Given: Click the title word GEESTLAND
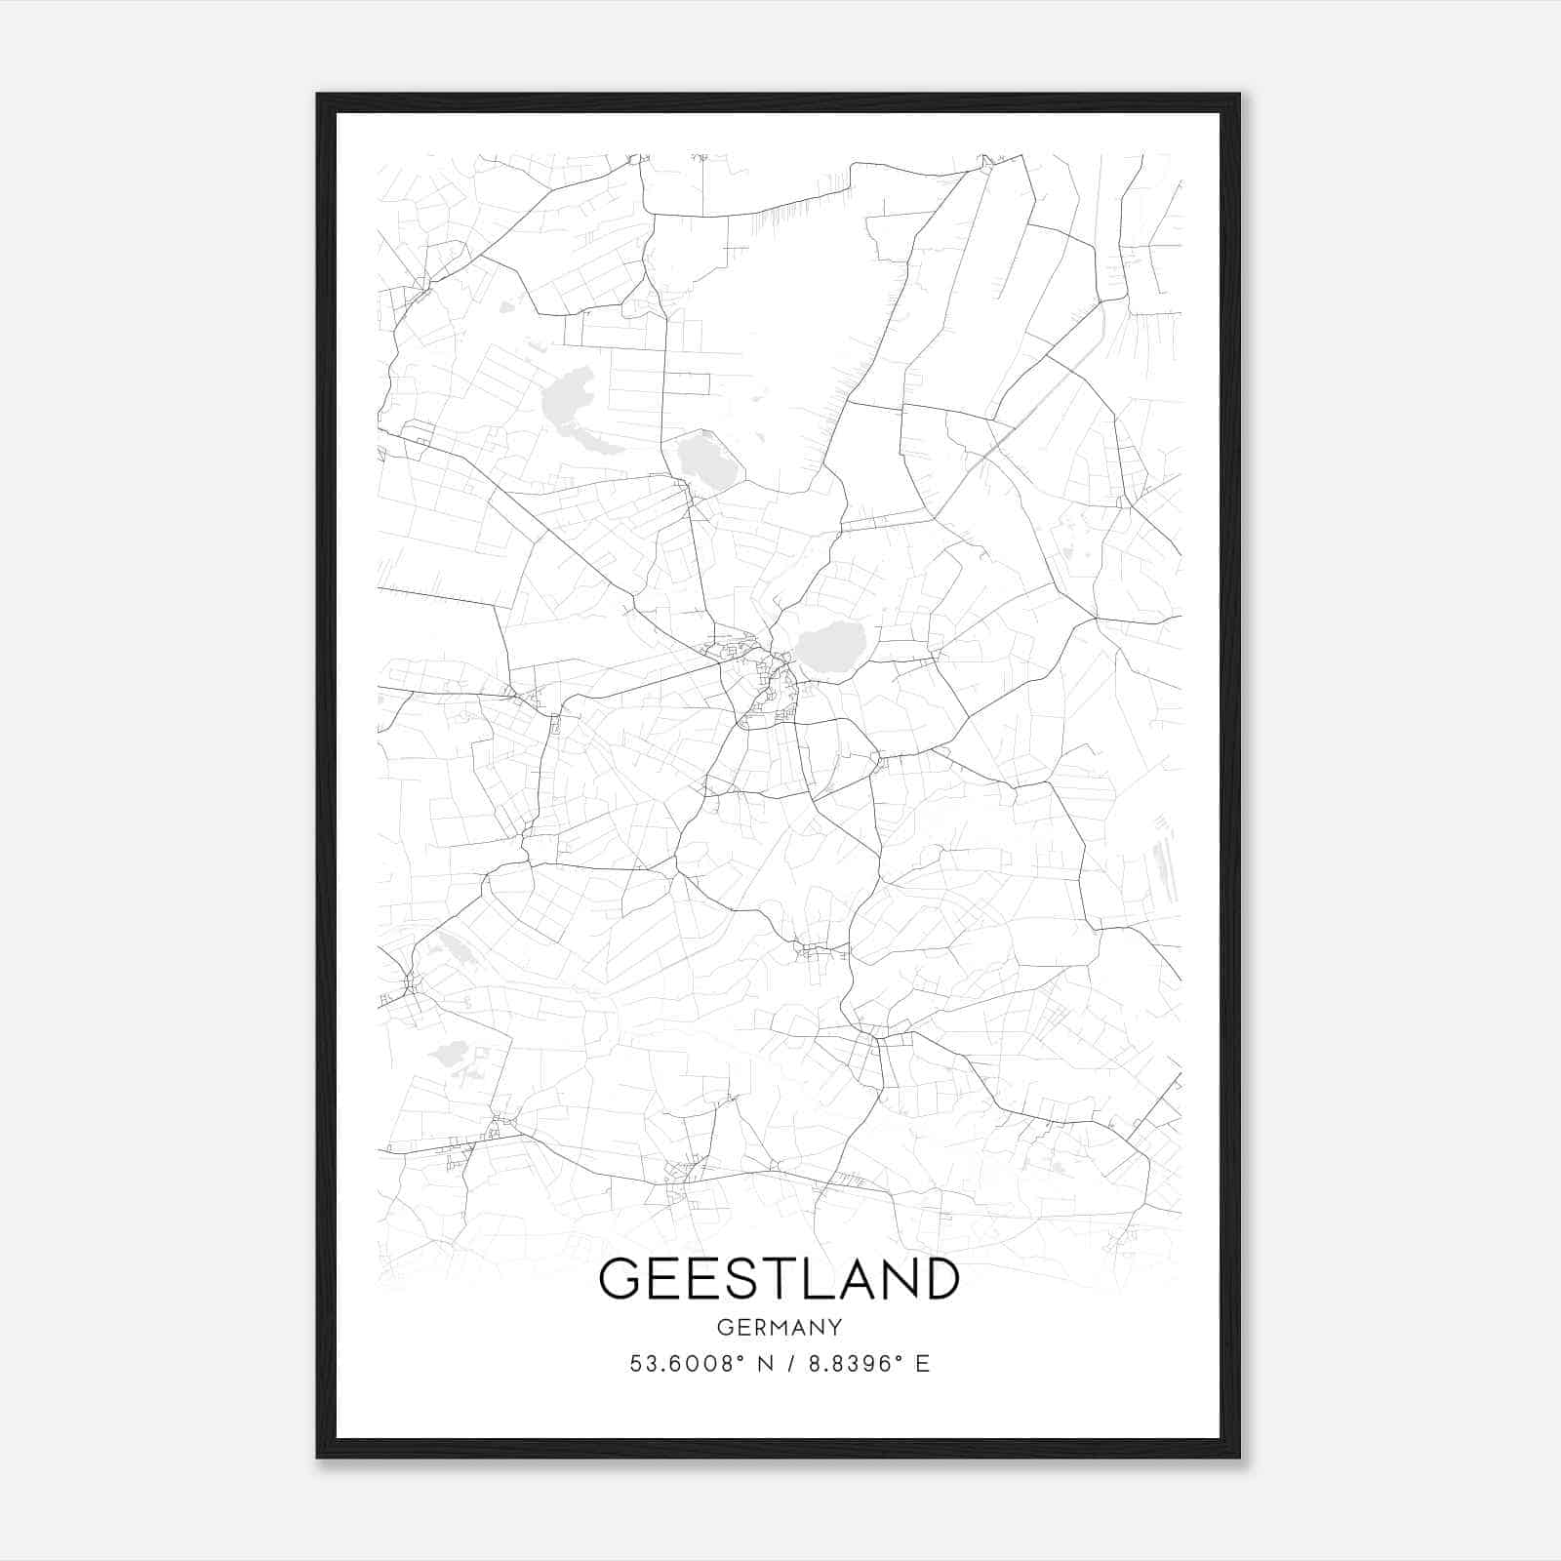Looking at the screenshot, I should pyautogui.click(x=780, y=1278).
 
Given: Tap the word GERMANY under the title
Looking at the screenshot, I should pyautogui.click(x=780, y=1327).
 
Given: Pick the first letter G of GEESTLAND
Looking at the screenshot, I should pyautogui.click(x=620, y=1278).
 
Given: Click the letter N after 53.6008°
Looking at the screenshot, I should pyautogui.click(x=765, y=1364).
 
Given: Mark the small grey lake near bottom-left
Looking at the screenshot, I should pyautogui.click(x=451, y=1054).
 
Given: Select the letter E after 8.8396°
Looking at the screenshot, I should pyautogui.click(x=922, y=1364).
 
